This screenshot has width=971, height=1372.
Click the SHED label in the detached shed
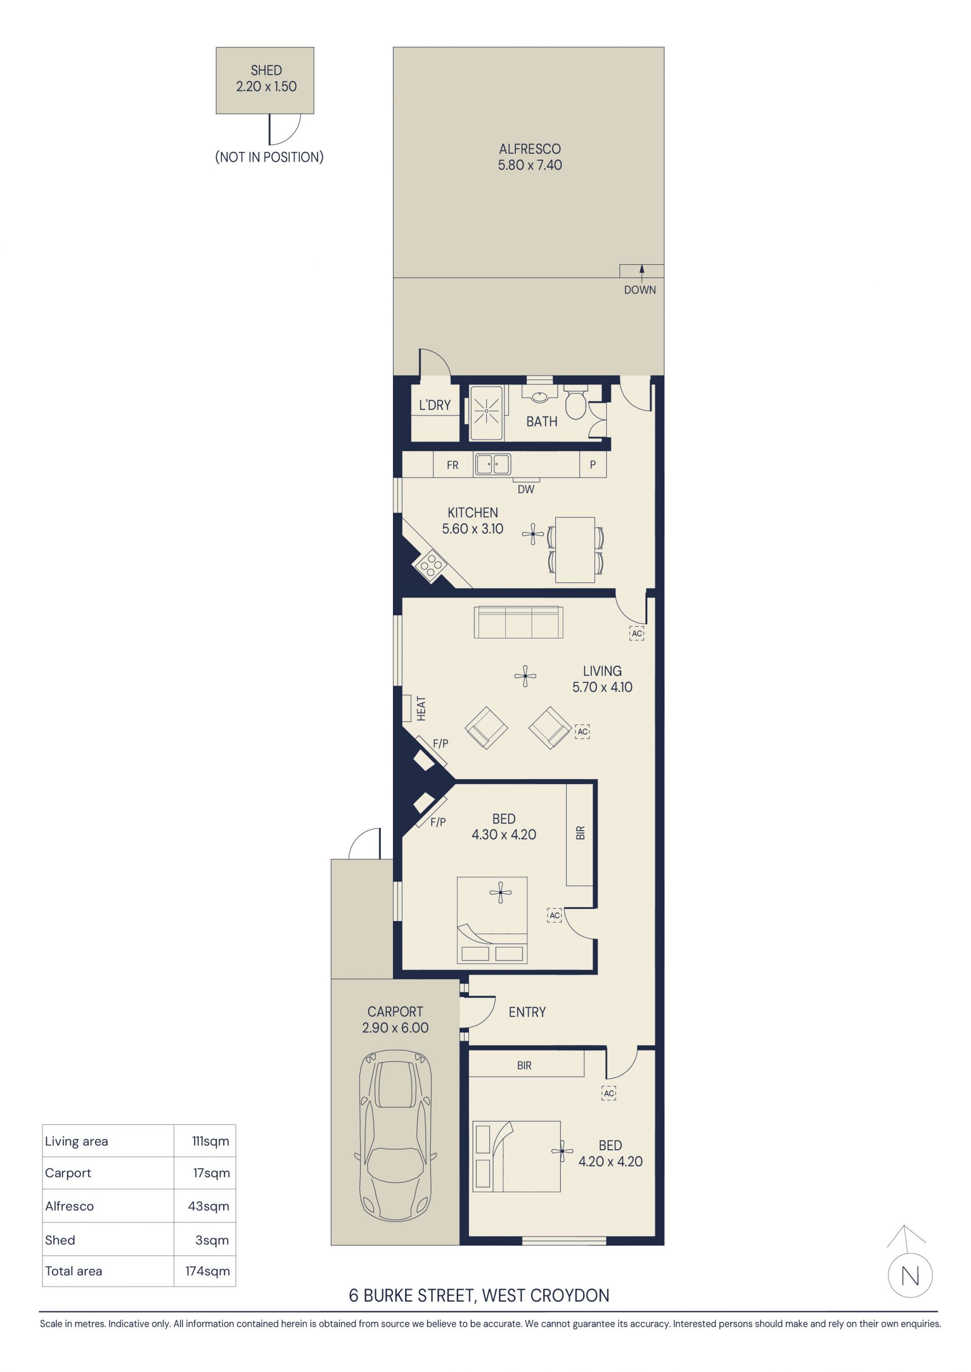266,70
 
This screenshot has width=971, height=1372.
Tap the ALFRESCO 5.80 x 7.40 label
529,157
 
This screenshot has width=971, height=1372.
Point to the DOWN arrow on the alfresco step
642,272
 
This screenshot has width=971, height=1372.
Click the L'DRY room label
435,405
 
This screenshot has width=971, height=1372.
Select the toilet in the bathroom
575,404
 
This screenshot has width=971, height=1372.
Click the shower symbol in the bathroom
487,411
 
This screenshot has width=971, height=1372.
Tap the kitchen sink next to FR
493,464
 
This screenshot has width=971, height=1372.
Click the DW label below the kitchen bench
526,489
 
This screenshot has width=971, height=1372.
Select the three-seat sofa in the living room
518,623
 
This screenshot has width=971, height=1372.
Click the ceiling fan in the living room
525,676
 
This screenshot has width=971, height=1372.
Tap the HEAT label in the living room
421,708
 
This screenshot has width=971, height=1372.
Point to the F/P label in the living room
440,743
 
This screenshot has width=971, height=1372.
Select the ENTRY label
527,1012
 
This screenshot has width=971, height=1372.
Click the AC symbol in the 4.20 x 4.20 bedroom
609,1093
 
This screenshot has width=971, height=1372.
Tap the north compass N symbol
910,1276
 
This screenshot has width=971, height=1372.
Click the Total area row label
73,1271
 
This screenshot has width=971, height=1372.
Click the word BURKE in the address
387,1296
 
